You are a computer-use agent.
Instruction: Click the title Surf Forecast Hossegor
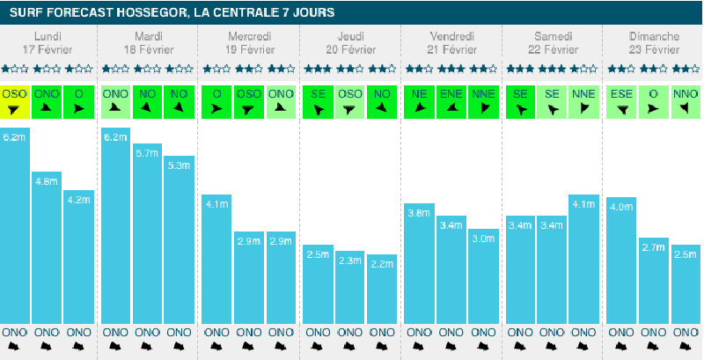tap(172, 13)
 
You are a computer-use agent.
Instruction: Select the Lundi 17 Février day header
tap(48, 42)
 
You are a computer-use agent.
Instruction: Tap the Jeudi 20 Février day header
tap(350, 42)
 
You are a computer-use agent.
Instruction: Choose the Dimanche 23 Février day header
tap(653, 42)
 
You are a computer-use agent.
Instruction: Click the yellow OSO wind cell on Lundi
tap(15, 101)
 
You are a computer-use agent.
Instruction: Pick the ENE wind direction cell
tap(451, 101)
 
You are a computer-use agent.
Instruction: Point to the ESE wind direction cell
tap(621, 101)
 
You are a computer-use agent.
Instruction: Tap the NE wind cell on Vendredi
tap(420, 101)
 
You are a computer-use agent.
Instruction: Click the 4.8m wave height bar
tap(47, 246)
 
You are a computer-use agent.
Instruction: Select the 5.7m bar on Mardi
tap(148, 233)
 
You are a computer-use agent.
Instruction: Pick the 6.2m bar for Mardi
tap(116, 225)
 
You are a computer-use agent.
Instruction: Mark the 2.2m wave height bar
tap(381, 289)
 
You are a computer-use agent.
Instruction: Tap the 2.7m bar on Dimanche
tap(653, 280)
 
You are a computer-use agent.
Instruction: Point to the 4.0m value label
tap(621, 207)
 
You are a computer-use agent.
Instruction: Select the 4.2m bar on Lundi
tap(78, 256)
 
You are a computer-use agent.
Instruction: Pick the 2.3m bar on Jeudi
tap(350, 287)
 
